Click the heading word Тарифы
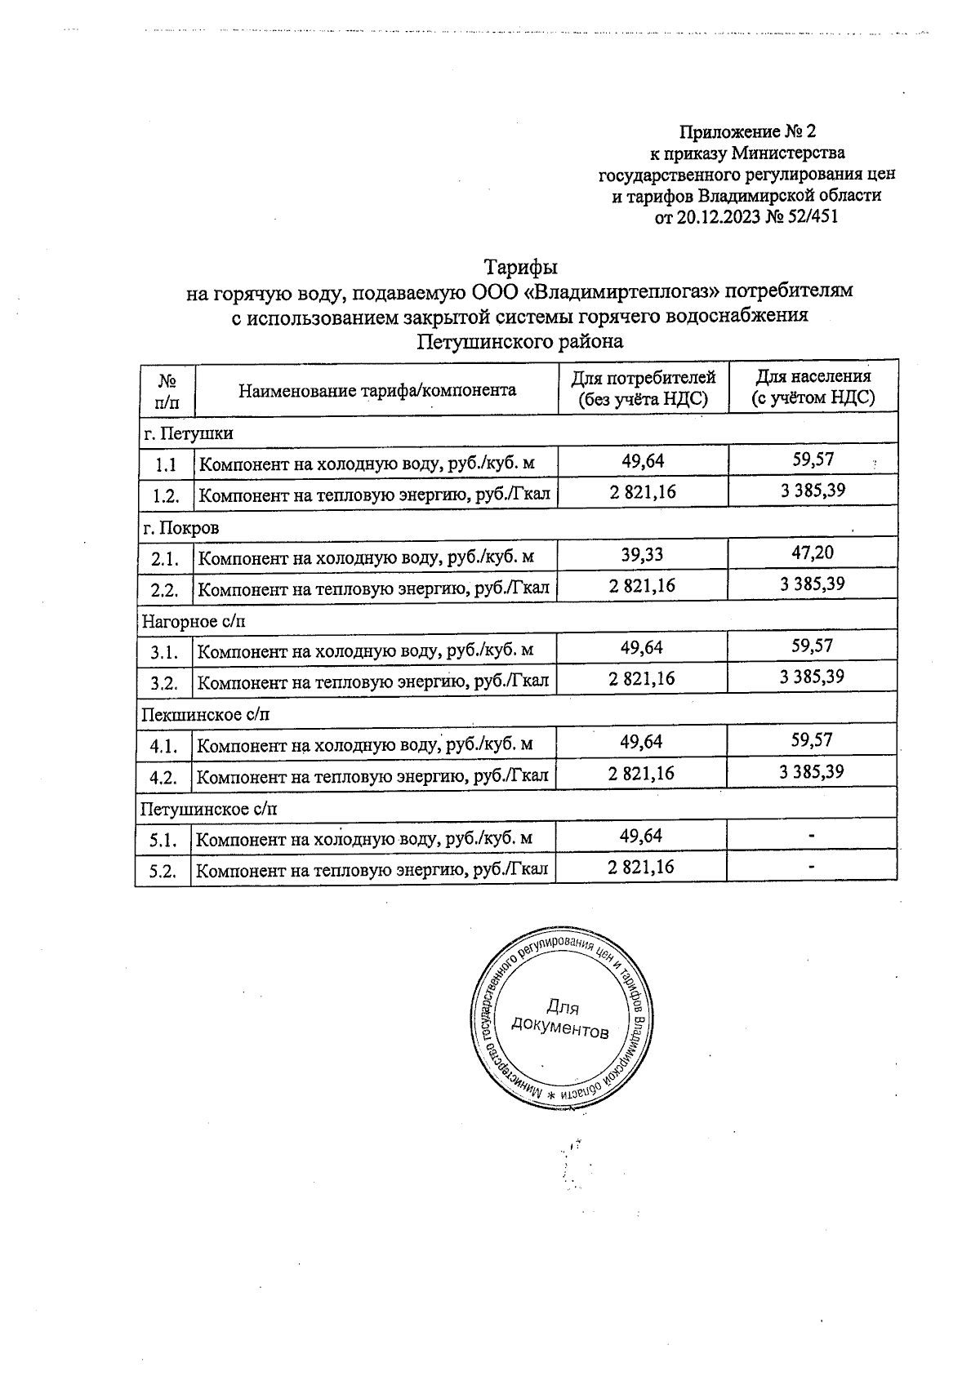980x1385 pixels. click(521, 268)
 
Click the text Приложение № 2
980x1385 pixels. click(748, 131)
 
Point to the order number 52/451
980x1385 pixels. click(810, 217)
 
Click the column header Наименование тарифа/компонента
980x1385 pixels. click(377, 390)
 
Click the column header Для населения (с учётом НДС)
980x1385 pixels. click(813, 387)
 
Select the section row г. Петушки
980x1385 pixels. click(188, 433)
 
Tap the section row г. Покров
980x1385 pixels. click(180, 527)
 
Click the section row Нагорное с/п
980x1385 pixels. click(194, 621)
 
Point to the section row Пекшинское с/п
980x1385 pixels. click(205, 715)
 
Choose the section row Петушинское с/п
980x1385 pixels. click(209, 809)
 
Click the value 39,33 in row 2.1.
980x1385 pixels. click(642, 555)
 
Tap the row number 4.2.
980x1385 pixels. click(163, 778)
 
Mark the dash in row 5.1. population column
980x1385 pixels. click(812, 836)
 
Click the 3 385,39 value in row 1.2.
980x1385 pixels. click(812, 491)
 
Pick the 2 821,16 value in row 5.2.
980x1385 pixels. click(641, 867)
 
